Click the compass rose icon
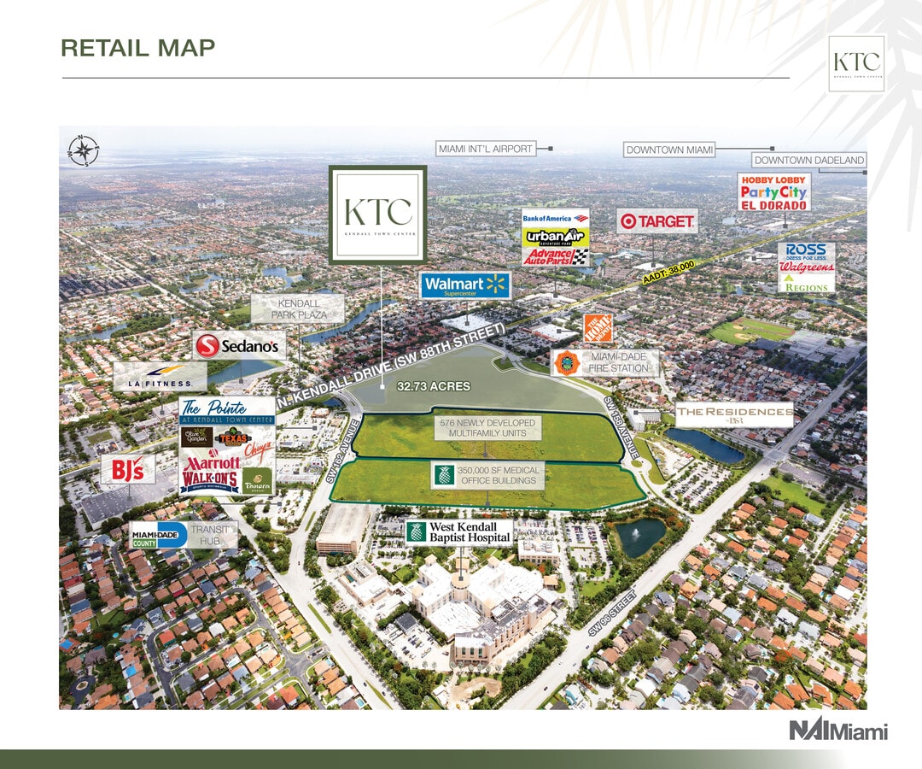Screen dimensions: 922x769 (84, 150)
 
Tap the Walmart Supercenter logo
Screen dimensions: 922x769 (464, 285)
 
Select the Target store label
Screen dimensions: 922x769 (656, 221)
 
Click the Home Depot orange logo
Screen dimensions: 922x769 (598, 330)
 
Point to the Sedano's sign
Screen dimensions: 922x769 (239, 346)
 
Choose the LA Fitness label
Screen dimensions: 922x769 (160, 376)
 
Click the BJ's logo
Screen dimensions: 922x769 (128, 469)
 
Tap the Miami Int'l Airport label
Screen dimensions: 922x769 (485, 149)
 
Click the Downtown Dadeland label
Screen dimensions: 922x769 (809, 160)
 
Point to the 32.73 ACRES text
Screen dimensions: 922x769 (433, 386)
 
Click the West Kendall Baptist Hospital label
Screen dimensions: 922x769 (458, 532)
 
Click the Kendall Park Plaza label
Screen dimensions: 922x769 (298, 308)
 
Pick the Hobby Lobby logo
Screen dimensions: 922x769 (773, 180)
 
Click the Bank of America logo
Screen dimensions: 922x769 (555, 219)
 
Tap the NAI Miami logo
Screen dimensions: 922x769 (837, 731)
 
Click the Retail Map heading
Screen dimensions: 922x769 (137, 48)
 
